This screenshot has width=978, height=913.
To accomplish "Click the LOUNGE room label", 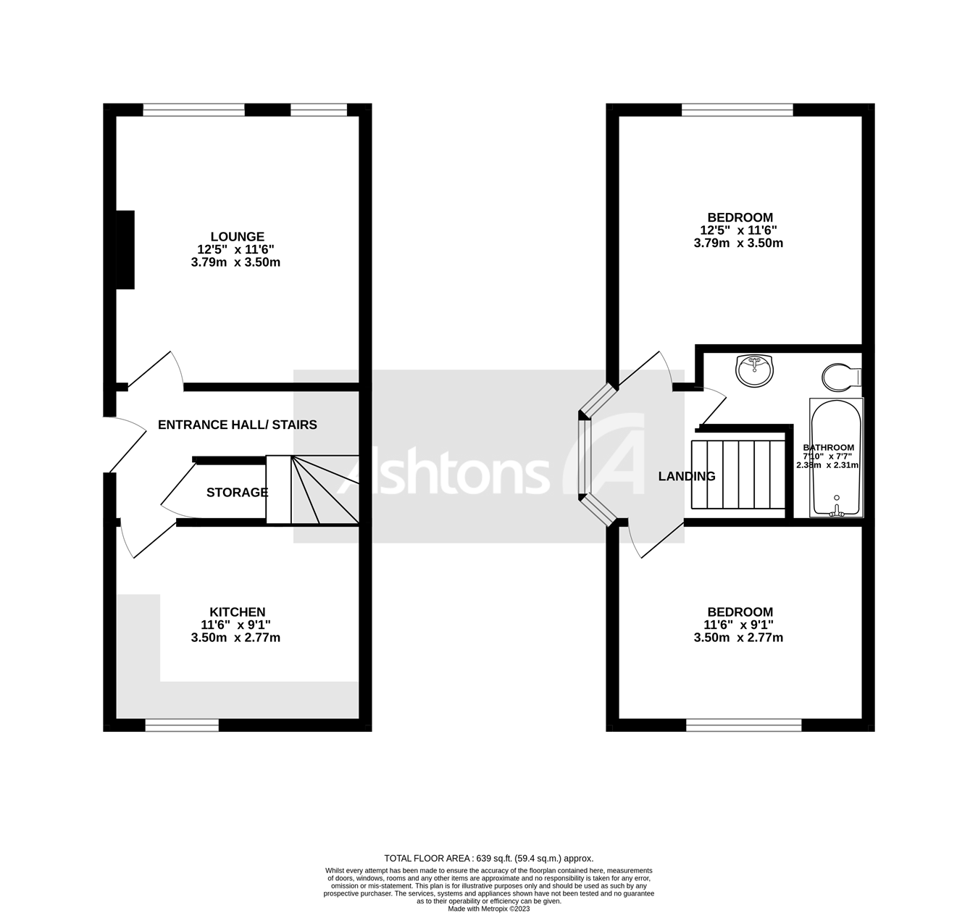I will tap(237, 236).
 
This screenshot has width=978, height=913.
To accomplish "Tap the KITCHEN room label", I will tap(237, 612).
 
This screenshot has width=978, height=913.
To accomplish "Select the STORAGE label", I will tap(237, 493).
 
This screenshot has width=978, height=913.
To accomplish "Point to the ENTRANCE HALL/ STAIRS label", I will tap(237, 425).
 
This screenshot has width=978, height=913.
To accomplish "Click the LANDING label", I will tap(686, 476).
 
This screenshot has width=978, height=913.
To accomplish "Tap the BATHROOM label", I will tap(827, 448).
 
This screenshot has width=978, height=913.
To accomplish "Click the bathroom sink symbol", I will tap(754, 370).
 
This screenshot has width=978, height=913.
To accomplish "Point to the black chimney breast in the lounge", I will tap(125, 250).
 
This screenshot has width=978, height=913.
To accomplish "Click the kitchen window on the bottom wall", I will tap(182, 725).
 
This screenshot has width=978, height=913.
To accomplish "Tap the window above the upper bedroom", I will tap(737, 110).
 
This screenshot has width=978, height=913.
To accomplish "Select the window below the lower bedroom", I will tap(744, 725).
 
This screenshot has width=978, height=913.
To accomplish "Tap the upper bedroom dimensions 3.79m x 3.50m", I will tap(738, 243).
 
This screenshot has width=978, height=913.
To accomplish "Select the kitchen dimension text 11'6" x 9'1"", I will tap(235, 625).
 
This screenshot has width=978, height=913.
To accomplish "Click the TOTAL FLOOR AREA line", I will tap(488, 858).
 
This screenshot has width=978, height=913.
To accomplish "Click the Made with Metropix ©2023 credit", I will tap(488, 909).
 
